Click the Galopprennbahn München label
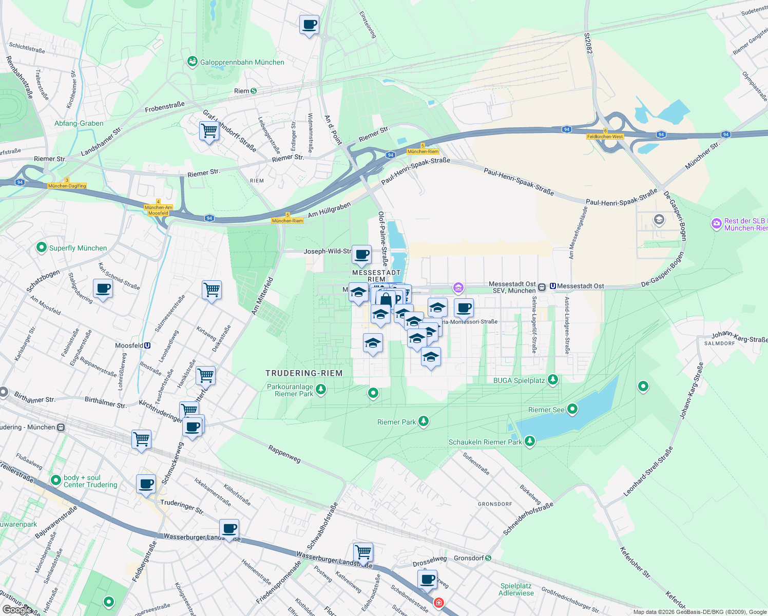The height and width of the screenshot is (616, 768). point(242,62)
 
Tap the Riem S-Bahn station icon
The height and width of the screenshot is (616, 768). point(253,91)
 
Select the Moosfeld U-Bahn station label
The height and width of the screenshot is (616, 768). point(129,345)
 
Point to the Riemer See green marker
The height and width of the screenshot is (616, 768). point(572,409)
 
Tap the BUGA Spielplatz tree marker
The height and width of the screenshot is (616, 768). point(553,380)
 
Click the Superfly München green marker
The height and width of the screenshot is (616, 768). point(42,247)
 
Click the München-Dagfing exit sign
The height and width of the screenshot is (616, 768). point(67,186)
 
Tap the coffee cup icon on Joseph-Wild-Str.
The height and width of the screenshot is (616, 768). point(362,254)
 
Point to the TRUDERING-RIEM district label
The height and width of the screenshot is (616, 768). point(304,373)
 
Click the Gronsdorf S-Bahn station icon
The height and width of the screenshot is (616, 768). point(488,558)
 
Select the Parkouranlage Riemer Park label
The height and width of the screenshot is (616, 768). point(290,390)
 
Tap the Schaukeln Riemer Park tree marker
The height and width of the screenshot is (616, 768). point(530,441)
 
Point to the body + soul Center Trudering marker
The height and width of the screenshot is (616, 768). point(56,480)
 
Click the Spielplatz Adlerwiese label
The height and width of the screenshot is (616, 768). point(516,589)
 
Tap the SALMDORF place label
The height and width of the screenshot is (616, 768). point(719,343)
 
